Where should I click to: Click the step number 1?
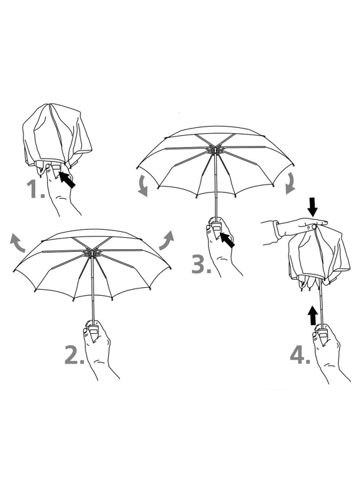pos(35,189)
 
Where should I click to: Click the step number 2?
pos(74,354)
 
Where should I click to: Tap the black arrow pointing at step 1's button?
pos(67,179)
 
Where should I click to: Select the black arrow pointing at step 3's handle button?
pos(227,240)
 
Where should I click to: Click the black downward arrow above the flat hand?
pos(313,207)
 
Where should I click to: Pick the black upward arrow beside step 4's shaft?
pos(313,315)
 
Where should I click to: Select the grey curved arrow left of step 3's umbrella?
pos(143,186)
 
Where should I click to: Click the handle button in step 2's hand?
pos(93,330)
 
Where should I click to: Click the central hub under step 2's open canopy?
pos(91,252)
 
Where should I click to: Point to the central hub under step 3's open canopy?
pos(215,149)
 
